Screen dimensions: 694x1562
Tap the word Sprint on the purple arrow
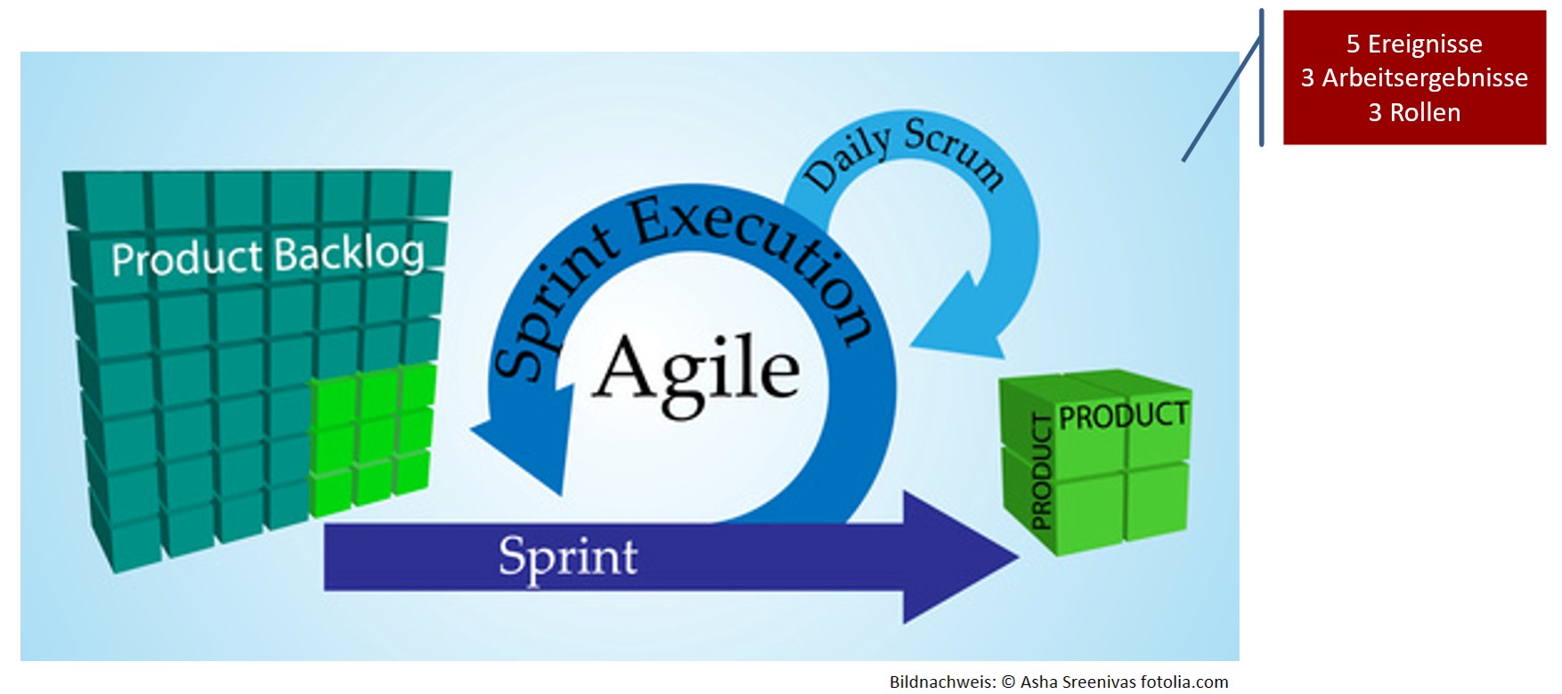568,557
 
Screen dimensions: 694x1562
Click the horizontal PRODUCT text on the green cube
1123,416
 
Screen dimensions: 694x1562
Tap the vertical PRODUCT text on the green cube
1041,472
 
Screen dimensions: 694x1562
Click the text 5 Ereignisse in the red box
1414,44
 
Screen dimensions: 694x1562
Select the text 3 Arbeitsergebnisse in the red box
1414,78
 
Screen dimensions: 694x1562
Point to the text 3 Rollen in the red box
1414,113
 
